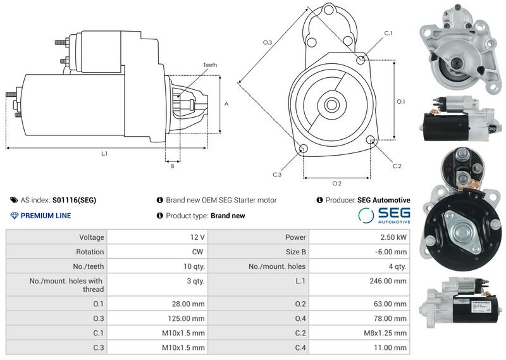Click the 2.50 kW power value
click(x=393, y=237)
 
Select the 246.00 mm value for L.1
click(x=388, y=281)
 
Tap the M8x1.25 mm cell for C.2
click(x=385, y=333)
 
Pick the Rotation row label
click(x=90, y=252)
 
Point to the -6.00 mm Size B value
click(x=391, y=252)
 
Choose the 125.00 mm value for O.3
click(x=186, y=318)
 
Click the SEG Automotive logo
click(x=384, y=215)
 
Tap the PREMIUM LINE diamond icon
click(x=14, y=216)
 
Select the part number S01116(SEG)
click(x=74, y=200)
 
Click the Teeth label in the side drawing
click(x=210, y=65)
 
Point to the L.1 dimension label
click(x=104, y=154)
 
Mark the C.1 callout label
click(x=388, y=34)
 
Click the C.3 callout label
click(x=277, y=175)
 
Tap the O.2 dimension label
click(x=336, y=183)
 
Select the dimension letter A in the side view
click(x=226, y=104)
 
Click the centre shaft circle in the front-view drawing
click(x=331, y=105)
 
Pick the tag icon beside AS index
click(x=14, y=200)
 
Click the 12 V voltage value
click(x=197, y=237)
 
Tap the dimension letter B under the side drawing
click(x=173, y=166)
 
